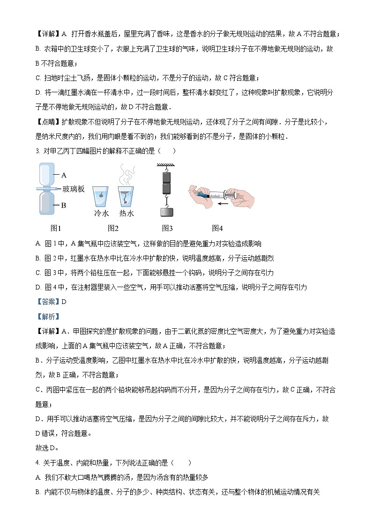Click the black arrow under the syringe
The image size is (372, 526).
[223, 204]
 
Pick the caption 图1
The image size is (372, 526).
[56, 228]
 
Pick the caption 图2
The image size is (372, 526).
[113, 228]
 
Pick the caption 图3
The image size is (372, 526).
[167, 228]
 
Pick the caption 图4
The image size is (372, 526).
[217, 228]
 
